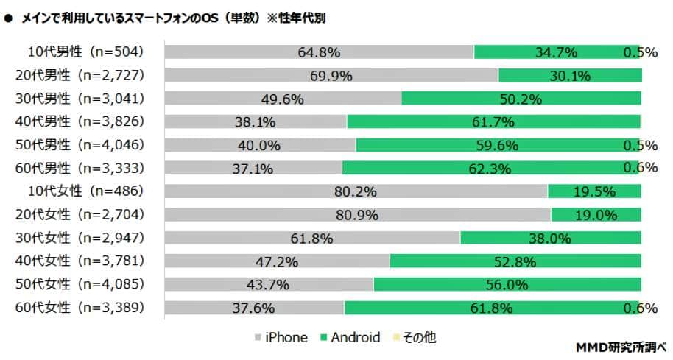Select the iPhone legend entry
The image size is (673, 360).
point(281,338)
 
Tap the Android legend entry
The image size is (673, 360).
point(350,338)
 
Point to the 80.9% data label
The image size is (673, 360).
point(357,216)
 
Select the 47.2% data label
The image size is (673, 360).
point(276,261)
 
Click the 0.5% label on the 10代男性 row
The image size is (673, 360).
point(640,52)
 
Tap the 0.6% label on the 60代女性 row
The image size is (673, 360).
point(640,308)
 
